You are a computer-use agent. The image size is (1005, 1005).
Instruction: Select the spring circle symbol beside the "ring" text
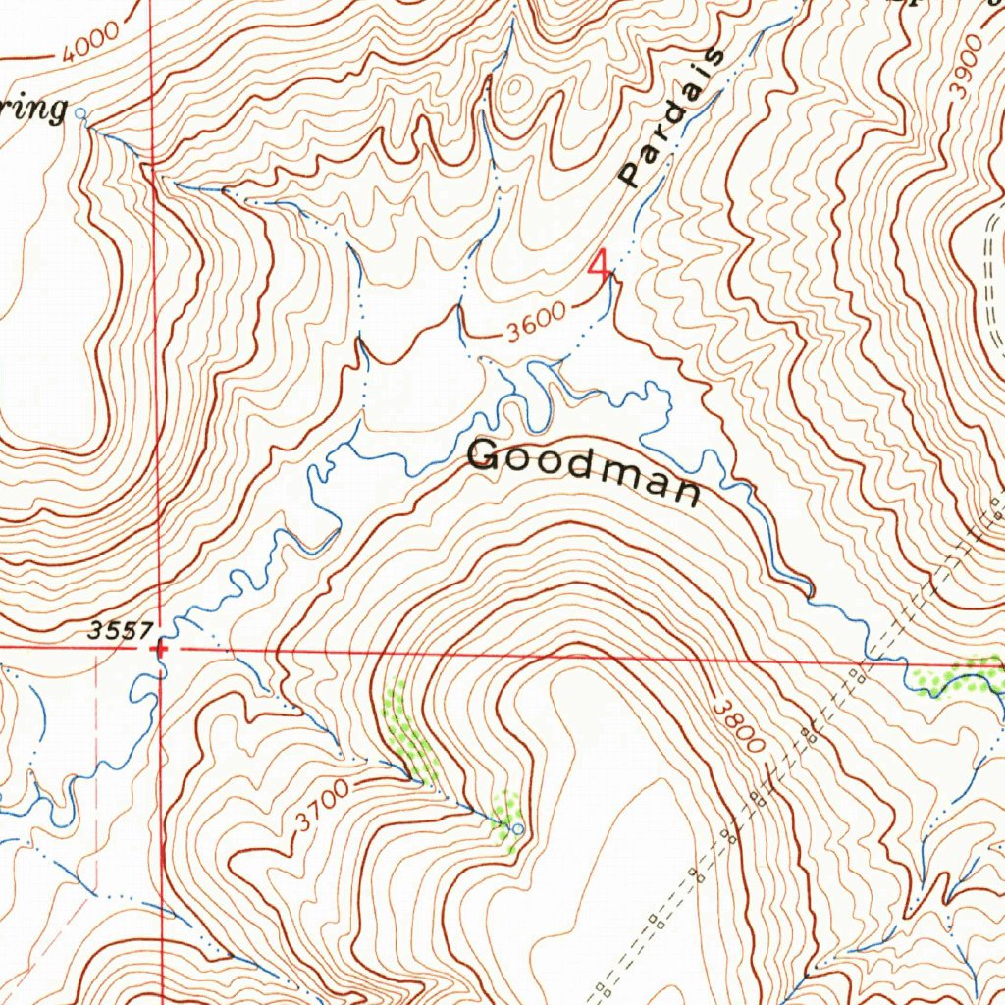[x=81, y=115]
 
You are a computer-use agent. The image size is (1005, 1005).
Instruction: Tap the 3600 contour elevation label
[x=536, y=325]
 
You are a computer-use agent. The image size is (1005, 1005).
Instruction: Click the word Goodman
[x=585, y=470]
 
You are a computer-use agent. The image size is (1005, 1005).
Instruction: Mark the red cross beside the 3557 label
[x=160, y=648]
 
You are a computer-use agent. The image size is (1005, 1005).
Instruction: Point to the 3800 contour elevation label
[x=736, y=725]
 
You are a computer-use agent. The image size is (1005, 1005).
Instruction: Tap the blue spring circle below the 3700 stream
[x=518, y=830]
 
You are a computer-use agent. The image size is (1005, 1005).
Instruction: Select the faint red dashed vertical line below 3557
[x=97, y=726]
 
